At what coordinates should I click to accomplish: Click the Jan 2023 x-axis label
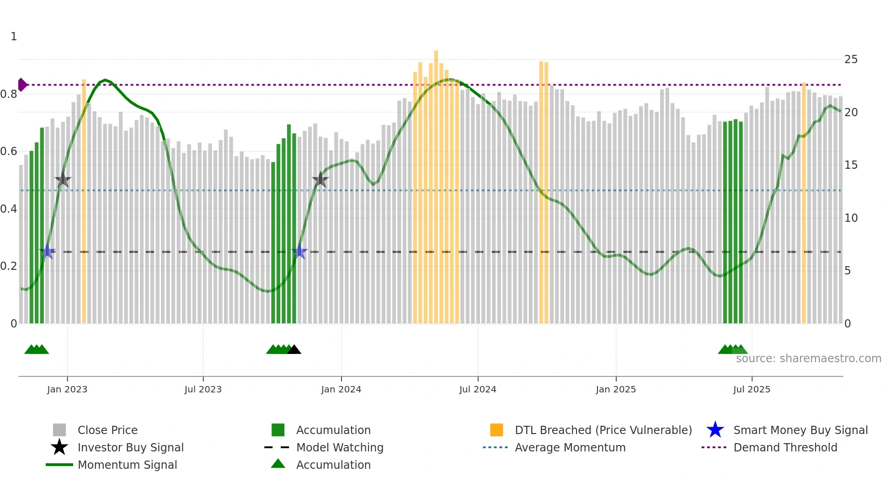pos(67,389)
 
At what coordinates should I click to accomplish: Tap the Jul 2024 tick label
pos(478,389)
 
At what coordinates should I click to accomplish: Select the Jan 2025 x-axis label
pos(616,389)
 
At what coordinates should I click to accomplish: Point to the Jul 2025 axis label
pos(752,389)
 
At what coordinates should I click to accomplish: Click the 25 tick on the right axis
pos(851,59)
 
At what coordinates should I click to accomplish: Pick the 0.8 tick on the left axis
pos(9,94)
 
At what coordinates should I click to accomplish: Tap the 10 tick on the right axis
pos(851,218)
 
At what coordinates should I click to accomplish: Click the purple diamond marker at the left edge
pos(22,85)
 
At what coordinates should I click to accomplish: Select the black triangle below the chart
pos(294,350)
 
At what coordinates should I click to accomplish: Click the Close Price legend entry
pos(107,430)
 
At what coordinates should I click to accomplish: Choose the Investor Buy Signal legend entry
pos(130,447)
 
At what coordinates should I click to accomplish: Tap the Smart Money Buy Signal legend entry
pos(800,430)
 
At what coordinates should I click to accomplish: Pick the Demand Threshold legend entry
pos(785,447)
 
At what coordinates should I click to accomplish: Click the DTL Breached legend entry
pos(603,430)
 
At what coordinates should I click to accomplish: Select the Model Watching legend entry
pos(340,447)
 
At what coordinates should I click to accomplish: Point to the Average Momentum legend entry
pos(570,447)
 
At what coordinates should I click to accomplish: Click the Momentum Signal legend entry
pos(127,465)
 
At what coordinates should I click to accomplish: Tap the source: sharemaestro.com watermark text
pos(808,359)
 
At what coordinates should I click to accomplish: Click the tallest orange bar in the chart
pos(436,183)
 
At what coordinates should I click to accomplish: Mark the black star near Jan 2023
pos(63,180)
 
